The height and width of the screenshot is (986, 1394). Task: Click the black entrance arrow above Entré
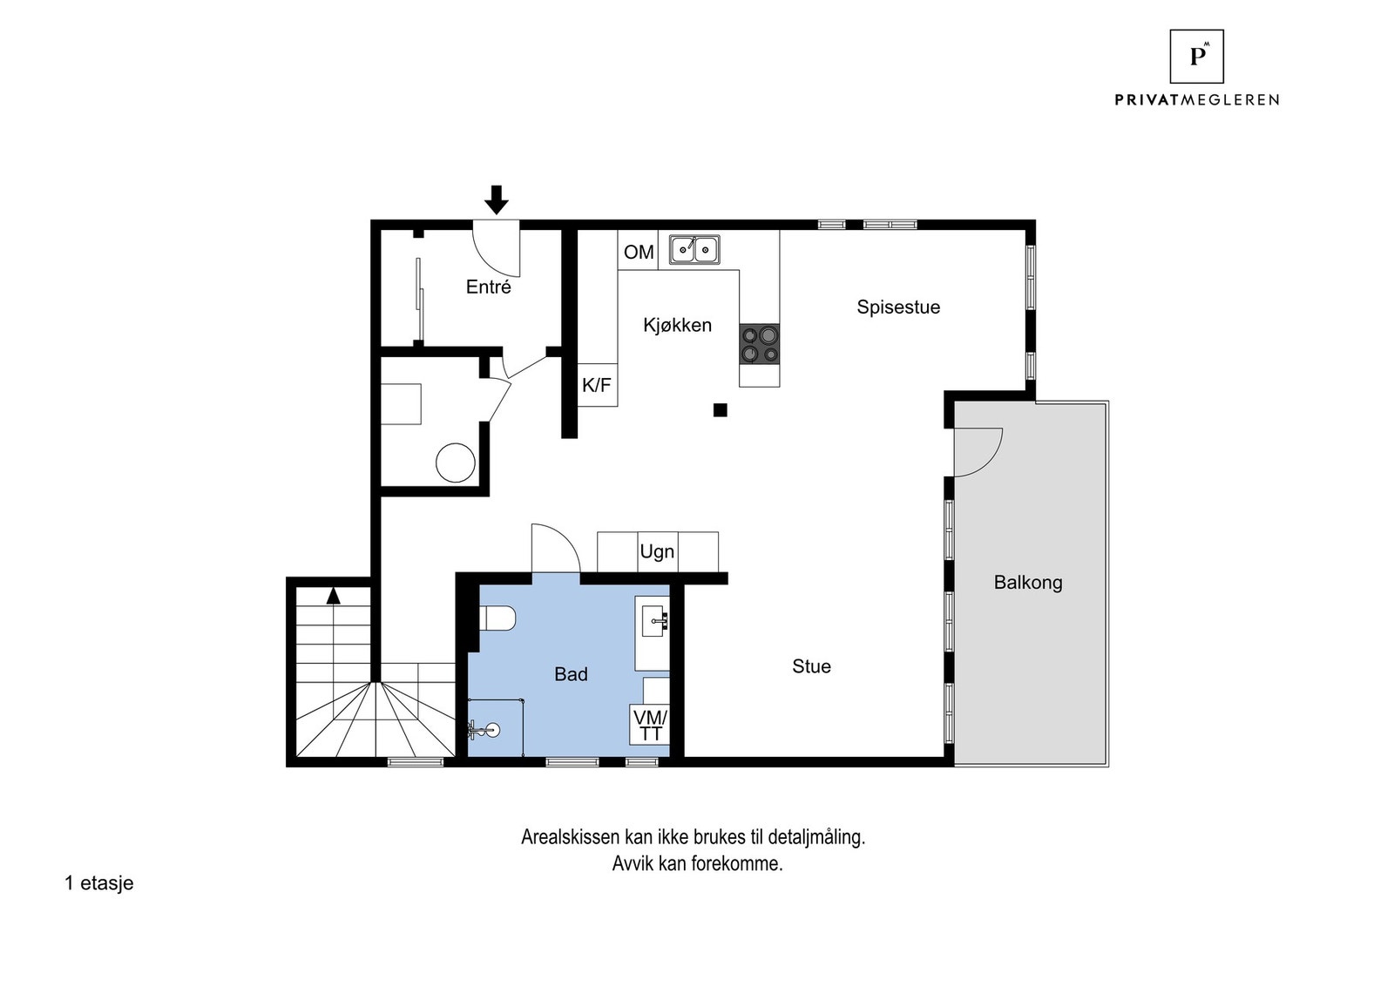(496, 199)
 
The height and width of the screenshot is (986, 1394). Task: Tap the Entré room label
(488, 287)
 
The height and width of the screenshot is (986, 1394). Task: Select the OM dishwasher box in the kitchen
(638, 251)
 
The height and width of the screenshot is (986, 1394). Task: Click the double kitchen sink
(694, 250)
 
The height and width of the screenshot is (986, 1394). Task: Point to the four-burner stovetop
(759, 343)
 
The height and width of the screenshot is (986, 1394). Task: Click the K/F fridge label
(597, 385)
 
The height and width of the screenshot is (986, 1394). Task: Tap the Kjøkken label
(677, 325)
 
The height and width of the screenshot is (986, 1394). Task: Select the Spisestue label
(897, 307)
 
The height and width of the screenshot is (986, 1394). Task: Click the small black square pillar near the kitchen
(720, 410)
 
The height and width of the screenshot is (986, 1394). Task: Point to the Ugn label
(657, 551)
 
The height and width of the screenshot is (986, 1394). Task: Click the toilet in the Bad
(497, 618)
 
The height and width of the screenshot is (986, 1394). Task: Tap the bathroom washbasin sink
(654, 620)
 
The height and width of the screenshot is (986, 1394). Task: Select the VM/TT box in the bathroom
(650, 725)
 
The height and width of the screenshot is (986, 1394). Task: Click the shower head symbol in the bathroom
(491, 731)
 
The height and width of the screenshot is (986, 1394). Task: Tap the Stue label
(810, 666)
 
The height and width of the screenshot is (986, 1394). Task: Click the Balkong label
(1027, 582)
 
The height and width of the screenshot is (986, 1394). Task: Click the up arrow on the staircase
(333, 596)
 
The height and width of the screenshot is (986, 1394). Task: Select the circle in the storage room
(455, 463)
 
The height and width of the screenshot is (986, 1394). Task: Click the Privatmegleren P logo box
(1196, 56)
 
